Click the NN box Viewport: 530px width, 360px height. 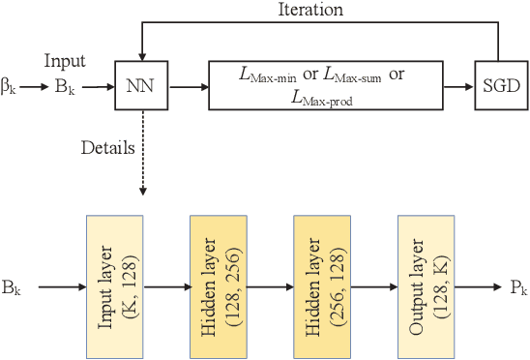coord(141,86)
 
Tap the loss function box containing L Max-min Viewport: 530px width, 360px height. coord(326,86)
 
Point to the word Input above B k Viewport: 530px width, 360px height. coord(65,61)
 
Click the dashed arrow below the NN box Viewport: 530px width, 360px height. coord(141,155)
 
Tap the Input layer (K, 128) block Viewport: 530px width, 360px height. coord(114,287)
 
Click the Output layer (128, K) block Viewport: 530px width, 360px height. coord(426,287)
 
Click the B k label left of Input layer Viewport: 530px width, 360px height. coord(13,288)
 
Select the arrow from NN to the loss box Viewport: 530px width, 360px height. coord(188,87)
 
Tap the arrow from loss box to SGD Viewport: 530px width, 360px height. coord(459,87)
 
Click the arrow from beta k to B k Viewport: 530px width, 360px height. coord(35,87)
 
